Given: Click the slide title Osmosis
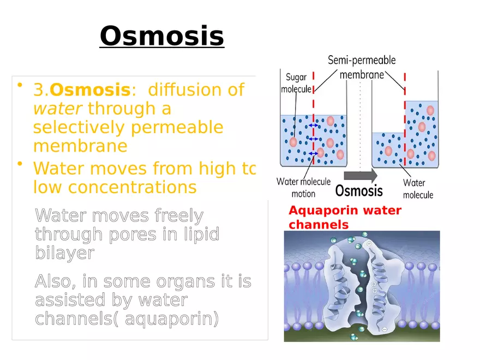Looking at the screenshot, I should pos(161,36).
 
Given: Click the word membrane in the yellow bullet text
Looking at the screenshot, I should pos(80,146).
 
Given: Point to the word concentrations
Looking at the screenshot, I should pos(115,187).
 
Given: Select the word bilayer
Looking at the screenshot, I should pos(64,253).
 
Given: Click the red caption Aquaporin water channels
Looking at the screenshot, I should pos(344,217).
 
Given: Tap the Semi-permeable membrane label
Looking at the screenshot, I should pos(362,67).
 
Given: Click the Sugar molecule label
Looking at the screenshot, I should pos(296,83).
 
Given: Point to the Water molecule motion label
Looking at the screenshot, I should pos(303,187).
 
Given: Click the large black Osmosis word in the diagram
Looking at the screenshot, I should pos(358,190).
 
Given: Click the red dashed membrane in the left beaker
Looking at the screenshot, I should pos(313,130).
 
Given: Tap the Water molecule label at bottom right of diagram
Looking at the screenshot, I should pos(418,189).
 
